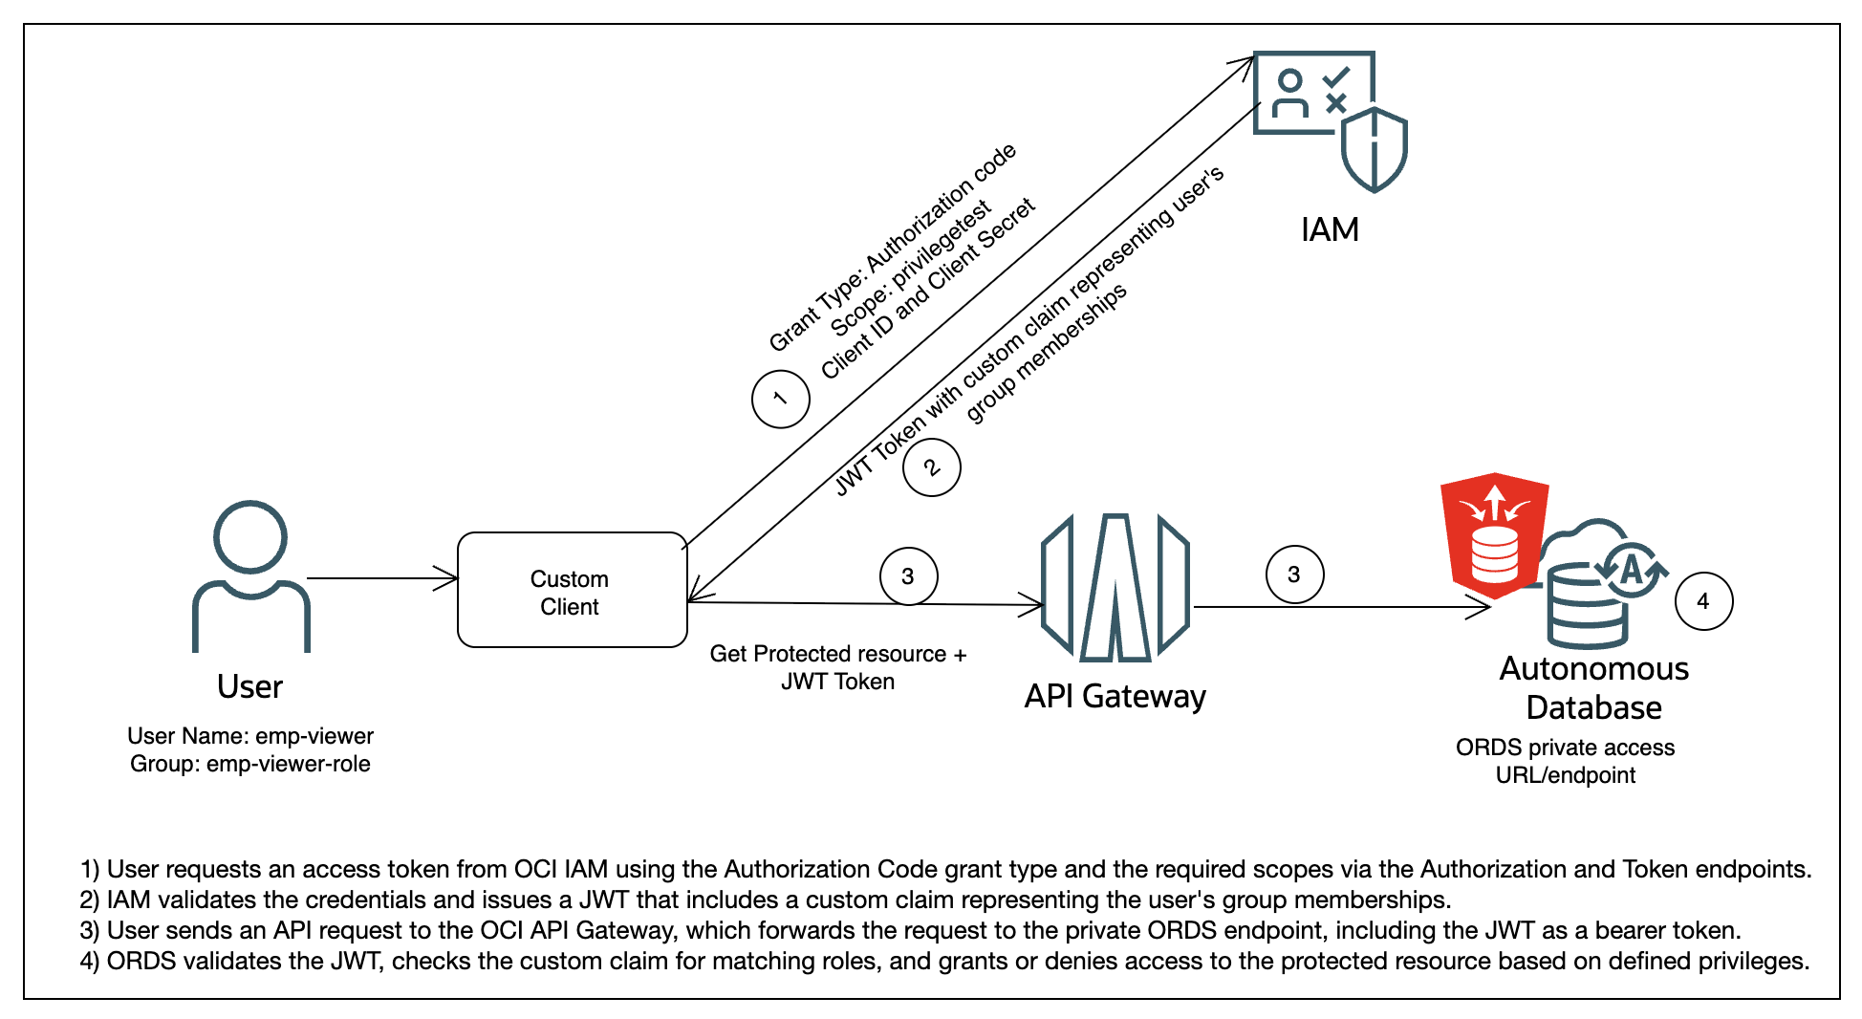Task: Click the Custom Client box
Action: point(572,590)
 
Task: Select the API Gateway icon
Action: point(1115,588)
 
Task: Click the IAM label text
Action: point(1330,230)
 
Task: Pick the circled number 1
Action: point(780,399)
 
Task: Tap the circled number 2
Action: point(931,466)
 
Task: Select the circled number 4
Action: point(1703,601)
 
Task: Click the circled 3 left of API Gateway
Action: point(908,576)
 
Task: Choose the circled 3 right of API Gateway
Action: point(1294,575)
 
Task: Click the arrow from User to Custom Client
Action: point(382,578)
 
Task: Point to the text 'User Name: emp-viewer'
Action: point(250,736)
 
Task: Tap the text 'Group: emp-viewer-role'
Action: point(250,764)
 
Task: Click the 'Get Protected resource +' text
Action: point(837,654)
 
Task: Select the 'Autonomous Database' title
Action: point(1593,688)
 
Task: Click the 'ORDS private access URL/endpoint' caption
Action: point(1565,761)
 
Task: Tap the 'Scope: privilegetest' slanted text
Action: point(910,271)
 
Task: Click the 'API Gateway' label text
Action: point(1115,697)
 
